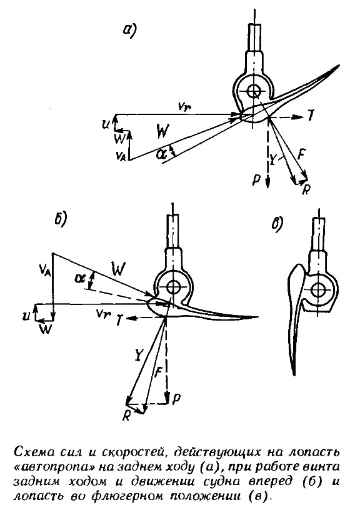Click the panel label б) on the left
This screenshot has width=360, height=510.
[60, 218]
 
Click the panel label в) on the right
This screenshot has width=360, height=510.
[277, 224]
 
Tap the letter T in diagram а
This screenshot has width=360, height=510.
[311, 116]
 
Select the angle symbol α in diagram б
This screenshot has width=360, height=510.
[78, 278]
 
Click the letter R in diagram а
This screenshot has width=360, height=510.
[305, 189]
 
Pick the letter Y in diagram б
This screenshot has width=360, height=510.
[138, 356]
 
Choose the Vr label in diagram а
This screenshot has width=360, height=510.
[183, 106]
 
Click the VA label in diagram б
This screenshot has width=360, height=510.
[44, 269]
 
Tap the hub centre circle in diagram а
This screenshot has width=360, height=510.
[252, 91]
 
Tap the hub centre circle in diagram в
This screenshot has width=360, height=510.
[318, 289]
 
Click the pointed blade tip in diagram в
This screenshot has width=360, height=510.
[294, 375]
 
